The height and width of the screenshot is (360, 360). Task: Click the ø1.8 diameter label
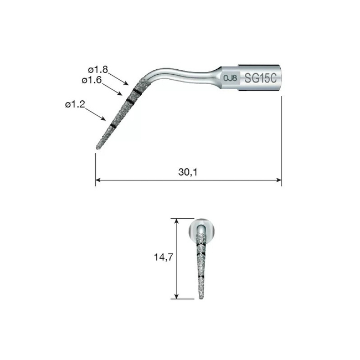pyautogui.click(x=98, y=70)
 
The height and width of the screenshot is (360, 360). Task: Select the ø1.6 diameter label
pyautogui.click(x=91, y=80)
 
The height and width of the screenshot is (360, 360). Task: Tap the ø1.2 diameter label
pyautogui.click(x=75, y=105)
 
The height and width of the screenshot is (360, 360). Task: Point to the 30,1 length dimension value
pyautogui.click(x=188, y=172)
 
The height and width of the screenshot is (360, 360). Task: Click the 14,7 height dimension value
pyautogui.click(x=163, y=257)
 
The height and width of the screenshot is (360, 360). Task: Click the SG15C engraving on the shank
pyautogui.click(x=260, y=78)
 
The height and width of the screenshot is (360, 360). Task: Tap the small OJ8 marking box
pyautogui.click(x=230, y=78)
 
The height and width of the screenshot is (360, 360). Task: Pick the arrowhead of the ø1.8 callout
pyautogui.click(x=126, y=84)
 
